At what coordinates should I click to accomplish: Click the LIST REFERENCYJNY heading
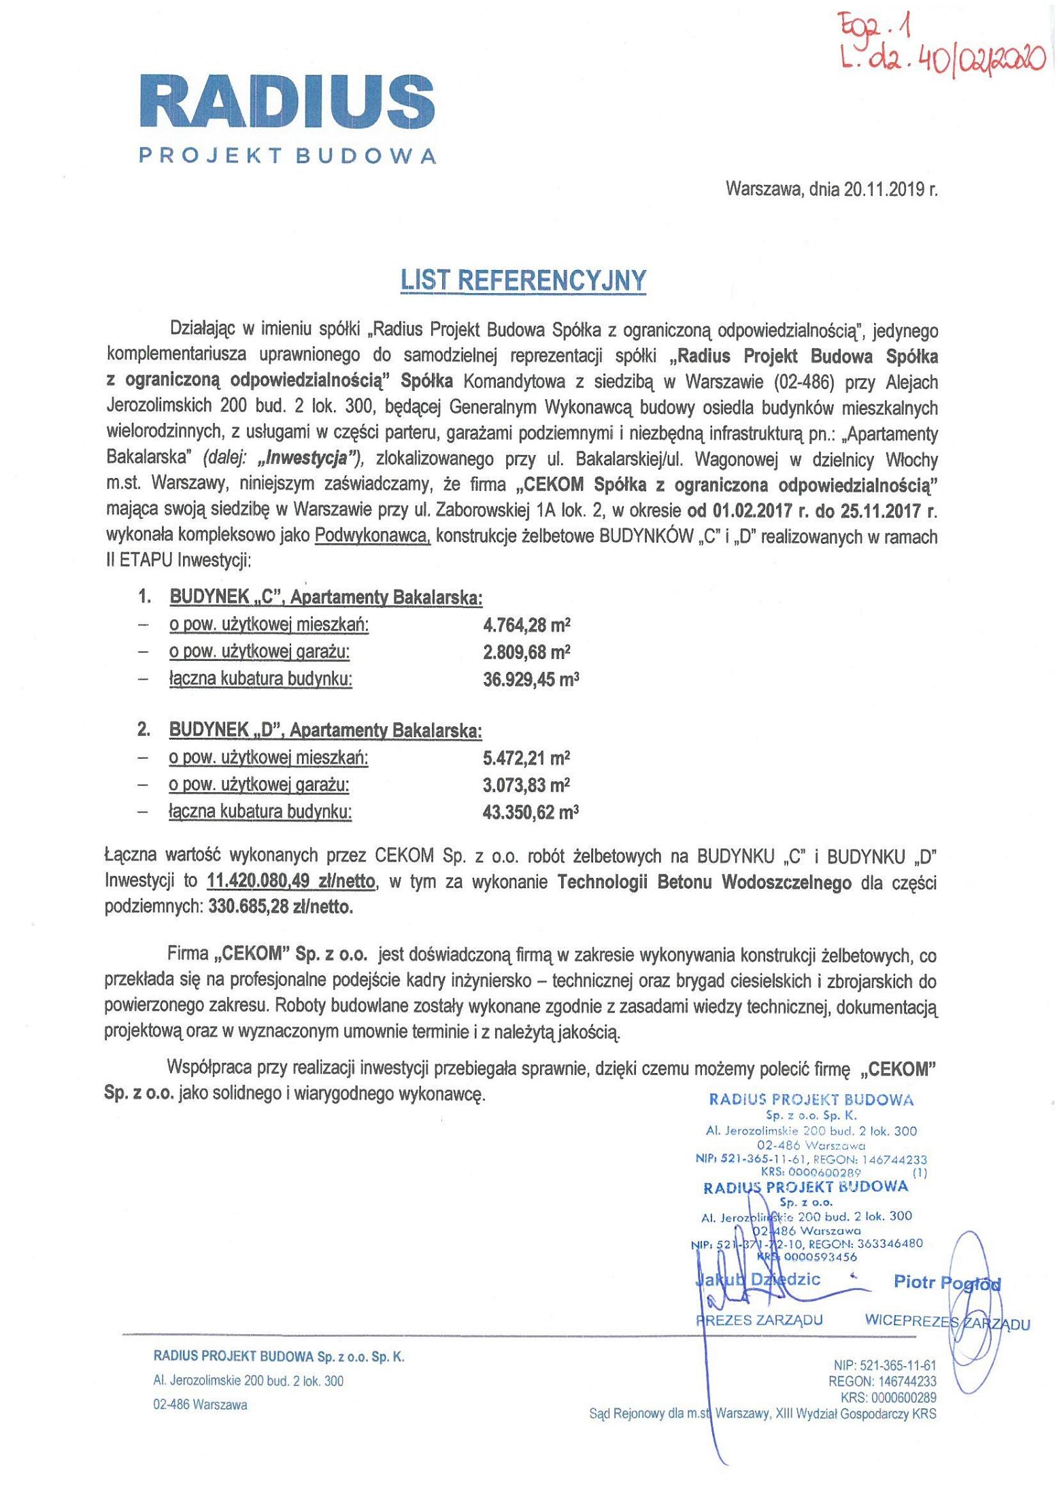point(523,280)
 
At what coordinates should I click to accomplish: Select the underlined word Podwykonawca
point(372,537)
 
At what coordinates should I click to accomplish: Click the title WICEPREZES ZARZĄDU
point(947,1323)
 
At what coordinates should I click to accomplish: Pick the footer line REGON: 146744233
point(882,1381)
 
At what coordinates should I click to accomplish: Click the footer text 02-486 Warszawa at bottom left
point(200,1404)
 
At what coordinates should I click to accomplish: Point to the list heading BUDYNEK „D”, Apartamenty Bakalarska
point(325,731)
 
